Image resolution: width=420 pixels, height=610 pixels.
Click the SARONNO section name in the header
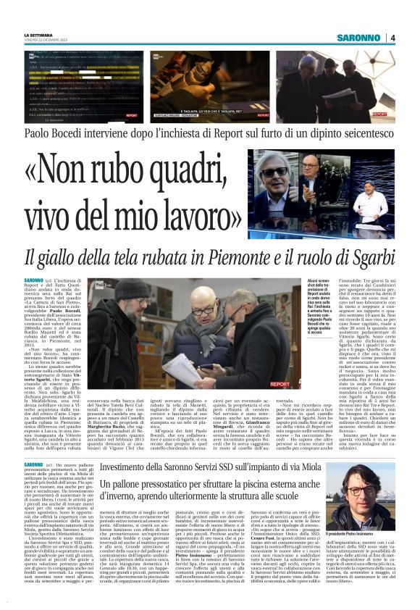click(x=359, y=38)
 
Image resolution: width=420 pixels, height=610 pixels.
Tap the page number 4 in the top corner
click(x=391, y=38)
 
